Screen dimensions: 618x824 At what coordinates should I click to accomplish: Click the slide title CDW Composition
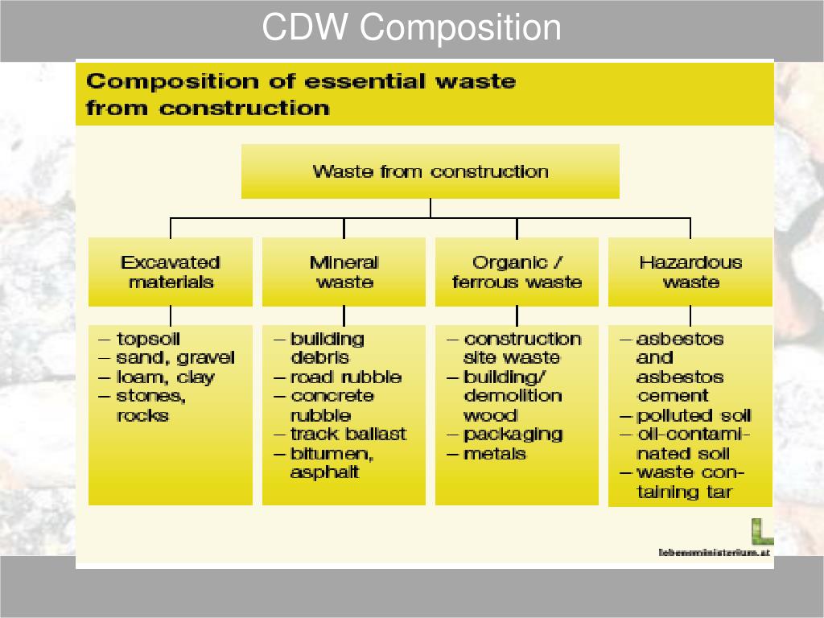coord(411,28)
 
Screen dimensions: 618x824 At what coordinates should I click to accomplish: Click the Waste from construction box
coord(431,171)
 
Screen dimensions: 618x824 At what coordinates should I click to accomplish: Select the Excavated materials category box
coord(171,272)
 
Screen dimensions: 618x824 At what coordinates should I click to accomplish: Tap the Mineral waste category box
coord(344,272)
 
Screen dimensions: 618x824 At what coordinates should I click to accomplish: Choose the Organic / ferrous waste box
coord(517,272)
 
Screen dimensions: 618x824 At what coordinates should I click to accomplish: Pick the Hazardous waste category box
coord(690,272)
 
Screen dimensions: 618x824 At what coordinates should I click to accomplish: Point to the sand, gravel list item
coord(175,358)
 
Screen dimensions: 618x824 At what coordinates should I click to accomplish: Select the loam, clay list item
coord(165,377)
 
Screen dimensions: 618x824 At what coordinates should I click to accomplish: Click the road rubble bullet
coord(346,377)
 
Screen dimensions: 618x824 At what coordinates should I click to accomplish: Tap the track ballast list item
coord(348,435)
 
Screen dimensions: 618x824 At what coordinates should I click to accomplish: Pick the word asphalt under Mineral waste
coord(324,473)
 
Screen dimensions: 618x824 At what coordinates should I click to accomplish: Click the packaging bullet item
coord(513,435)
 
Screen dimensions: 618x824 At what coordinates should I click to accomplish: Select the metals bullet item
coord(495,454)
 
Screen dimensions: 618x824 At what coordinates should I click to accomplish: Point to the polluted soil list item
coord(694,416)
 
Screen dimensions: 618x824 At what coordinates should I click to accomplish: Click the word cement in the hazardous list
coord(673,396)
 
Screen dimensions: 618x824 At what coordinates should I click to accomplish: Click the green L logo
coord(762,530)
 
